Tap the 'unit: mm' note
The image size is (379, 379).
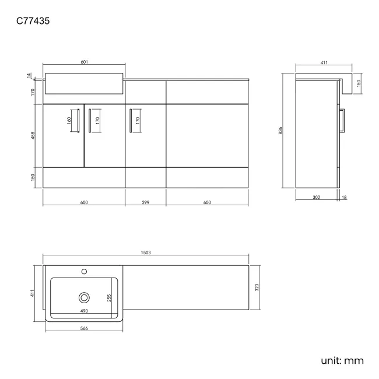click(342, 360)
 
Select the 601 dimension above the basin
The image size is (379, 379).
click(84, 62)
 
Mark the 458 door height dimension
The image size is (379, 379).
click(34, 135)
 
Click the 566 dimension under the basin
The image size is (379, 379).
click(84, 328)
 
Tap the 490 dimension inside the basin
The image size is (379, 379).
click(84, 311)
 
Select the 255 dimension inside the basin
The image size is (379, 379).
click(108, 297)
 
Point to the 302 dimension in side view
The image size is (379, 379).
click(317, 198)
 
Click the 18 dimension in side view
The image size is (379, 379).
click(344, 198)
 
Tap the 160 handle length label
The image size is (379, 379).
click(69, 121)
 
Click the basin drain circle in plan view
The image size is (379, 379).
click(84, 297)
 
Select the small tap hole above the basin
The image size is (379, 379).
click(84, 271)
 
